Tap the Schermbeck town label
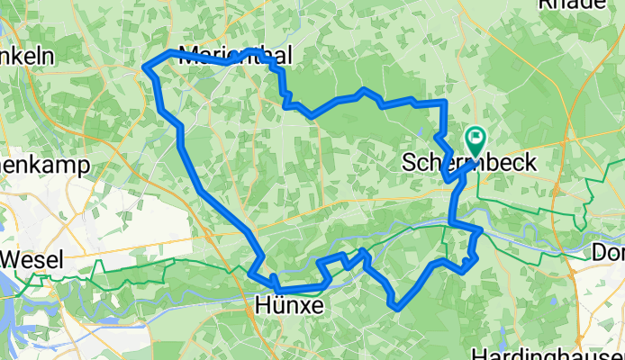coord(469,163)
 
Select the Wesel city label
coord(32,261)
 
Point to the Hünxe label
coord(289,306)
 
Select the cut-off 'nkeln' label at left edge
coord(27,56)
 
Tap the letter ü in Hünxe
coord(274,306)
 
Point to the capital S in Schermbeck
coord(409,163)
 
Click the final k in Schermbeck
coord(530,163)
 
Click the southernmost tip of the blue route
coord(397,308)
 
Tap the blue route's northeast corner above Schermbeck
coord(443,103)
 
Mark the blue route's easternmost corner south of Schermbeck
coord(482,230)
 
